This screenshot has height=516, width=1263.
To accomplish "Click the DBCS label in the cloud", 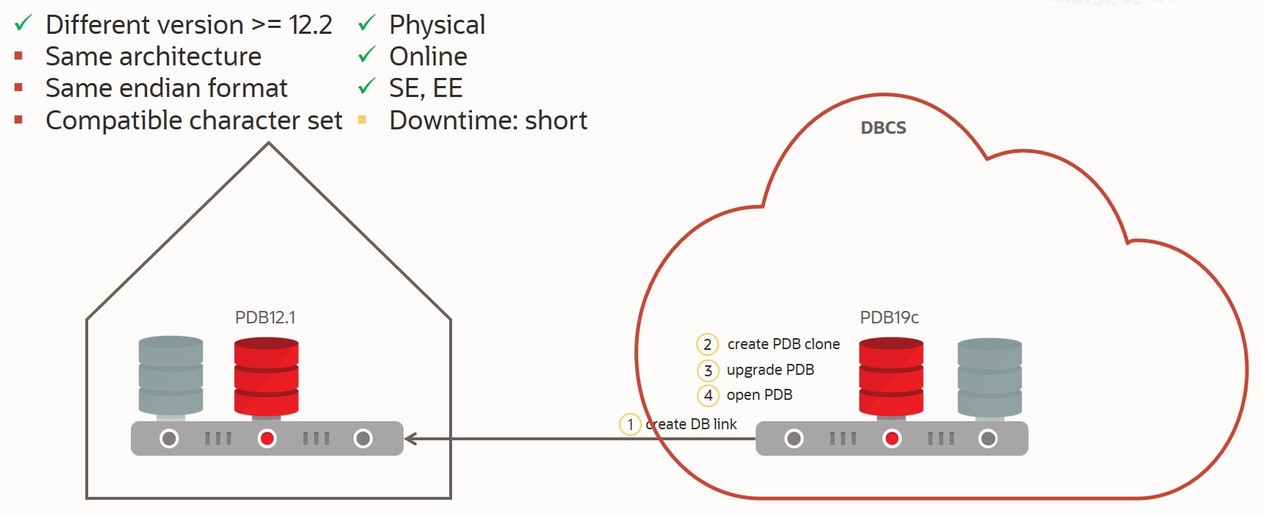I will (x=883, y=128).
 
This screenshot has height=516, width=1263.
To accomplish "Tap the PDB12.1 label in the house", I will (x=265, y=318).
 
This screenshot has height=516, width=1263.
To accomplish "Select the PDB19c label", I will (x=889, y=318).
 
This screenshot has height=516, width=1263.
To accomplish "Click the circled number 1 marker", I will (x=630, y=424).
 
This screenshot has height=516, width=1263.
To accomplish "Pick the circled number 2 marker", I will (x=707, y=344).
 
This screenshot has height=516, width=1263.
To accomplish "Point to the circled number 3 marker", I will (x=707, y=370).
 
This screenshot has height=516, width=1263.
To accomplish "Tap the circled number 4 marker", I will (x=707, y=395).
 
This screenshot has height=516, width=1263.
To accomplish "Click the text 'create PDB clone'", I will (x=783, y=344).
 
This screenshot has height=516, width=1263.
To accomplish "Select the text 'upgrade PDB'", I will (x=770, y=370).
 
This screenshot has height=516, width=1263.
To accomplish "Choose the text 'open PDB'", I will (x=759, y=395).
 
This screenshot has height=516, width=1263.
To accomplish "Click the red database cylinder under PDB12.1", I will (x=266, y=376).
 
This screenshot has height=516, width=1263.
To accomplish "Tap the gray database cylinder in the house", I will (x=171, y=376).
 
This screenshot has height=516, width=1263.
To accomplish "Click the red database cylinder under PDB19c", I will (x=891, y=376).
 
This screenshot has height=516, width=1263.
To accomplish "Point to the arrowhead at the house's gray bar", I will (x=409, y=439).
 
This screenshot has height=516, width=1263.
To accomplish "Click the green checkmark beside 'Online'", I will (x=366, y=56).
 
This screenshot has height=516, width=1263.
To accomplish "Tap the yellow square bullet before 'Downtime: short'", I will (x=362, y=120).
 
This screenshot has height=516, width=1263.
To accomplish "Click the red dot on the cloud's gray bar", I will (x=892, y=439).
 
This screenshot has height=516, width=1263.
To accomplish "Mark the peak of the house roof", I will (x=268, y=144).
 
